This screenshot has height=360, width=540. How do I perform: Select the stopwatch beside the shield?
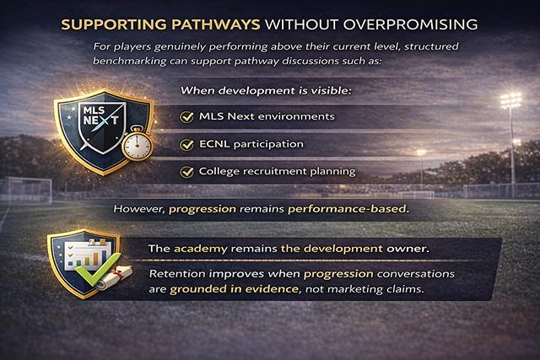click(136, 144)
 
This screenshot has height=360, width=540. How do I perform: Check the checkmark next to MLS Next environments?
click(187, 116)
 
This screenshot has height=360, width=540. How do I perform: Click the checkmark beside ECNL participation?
click(187, 144)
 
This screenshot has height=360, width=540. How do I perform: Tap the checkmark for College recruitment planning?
click(187, 172)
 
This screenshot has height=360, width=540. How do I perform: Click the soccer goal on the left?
click(25, 189)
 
